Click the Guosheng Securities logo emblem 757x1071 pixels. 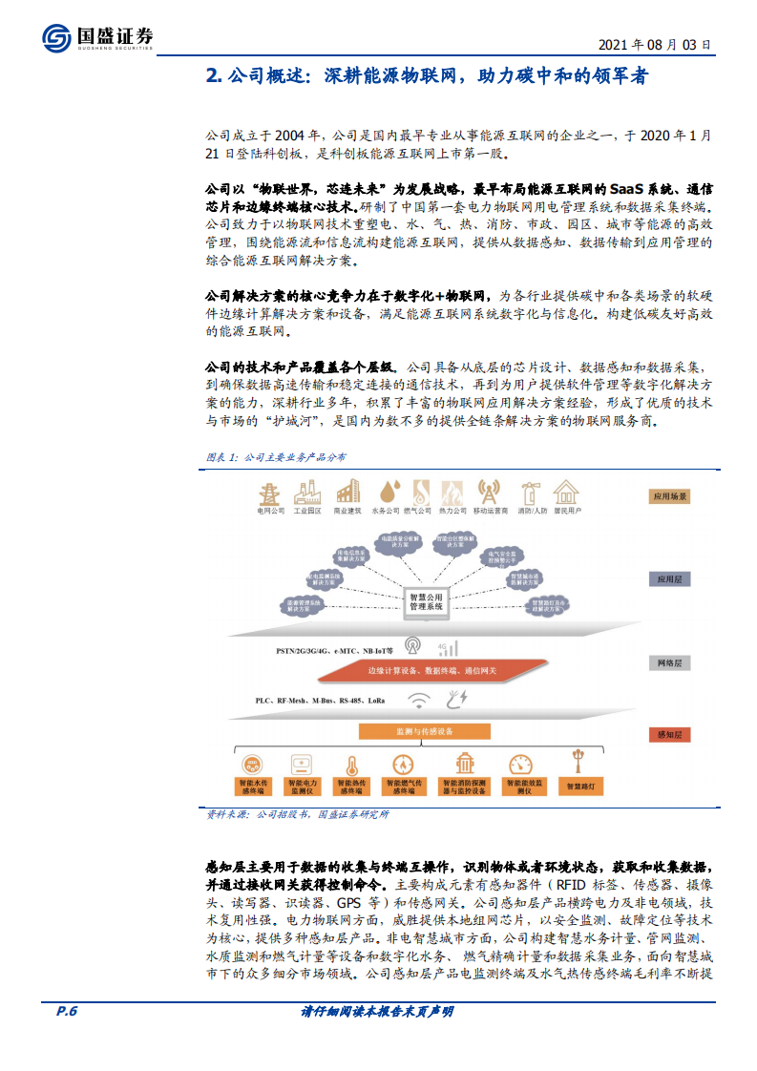pos(56,38)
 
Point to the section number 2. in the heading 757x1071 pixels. pos(214,76)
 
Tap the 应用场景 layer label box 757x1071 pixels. pos(669,496)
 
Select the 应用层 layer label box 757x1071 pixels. pos(669,579)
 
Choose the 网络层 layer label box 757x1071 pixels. pos(669,662)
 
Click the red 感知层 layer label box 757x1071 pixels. pos(669,734)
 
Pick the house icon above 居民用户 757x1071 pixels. pos(567,492)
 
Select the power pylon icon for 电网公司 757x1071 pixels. pos(270,492)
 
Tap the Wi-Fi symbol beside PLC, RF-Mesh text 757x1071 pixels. pos(419,701)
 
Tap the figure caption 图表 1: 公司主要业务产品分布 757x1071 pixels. pos(277,457)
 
